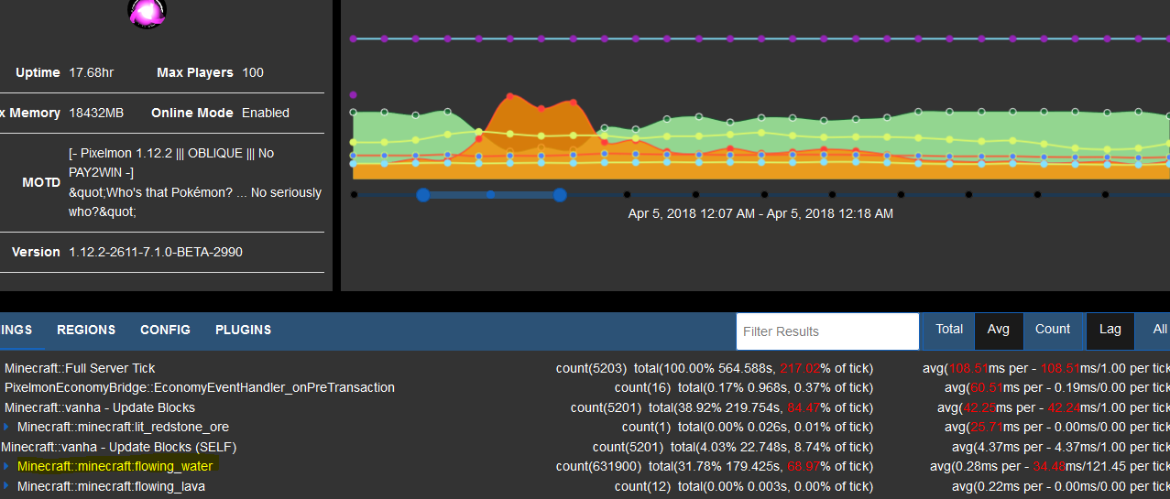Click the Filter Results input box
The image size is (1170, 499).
(827, 331)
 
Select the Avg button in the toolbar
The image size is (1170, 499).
(999, 330)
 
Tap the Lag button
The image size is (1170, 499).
(1110, 330)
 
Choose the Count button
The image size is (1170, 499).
(1053, 330)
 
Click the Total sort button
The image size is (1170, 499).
(949, 330)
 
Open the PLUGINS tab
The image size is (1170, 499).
(243, 330)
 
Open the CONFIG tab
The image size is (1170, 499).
(165, 330)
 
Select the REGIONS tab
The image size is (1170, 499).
(86, 330)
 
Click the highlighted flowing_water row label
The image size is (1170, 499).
(115, 466)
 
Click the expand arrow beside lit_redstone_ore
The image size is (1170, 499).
(6, 427)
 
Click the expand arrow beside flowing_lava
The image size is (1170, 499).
(6, 486)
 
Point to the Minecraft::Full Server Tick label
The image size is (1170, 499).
(80, 368)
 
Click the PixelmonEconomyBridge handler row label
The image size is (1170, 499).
(200, 387)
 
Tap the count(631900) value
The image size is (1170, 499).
(590, 466)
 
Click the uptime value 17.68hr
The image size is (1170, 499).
(91, 72)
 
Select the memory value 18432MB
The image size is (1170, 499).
(96, 113)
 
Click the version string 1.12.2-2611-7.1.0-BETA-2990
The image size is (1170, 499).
(156, 252)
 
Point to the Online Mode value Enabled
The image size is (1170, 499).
(265, 113)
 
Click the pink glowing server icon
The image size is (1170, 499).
(146, 13)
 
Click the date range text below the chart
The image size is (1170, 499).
(760, 213)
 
